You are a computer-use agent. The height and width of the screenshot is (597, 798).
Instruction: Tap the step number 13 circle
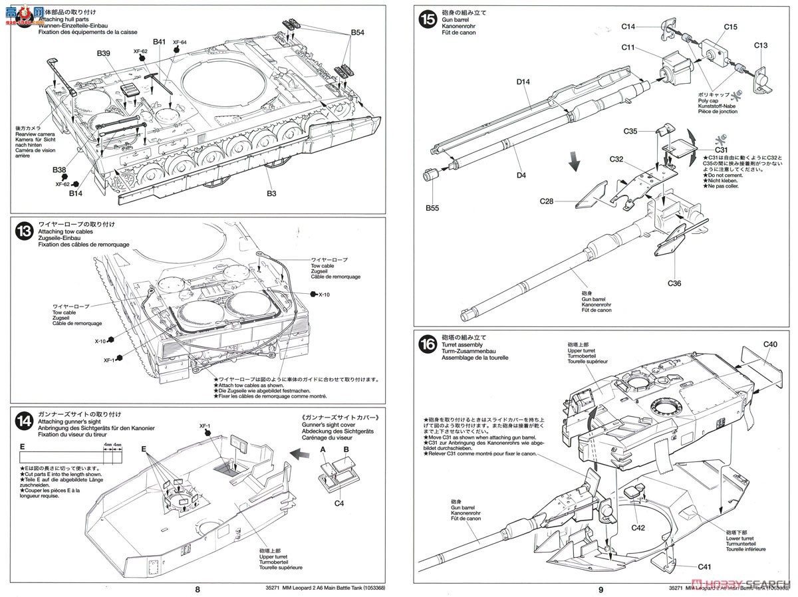(x=24, y=231)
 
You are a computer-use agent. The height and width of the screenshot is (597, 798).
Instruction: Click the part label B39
(x=104, y=53)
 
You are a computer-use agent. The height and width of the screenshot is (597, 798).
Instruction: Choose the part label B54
(x=358, y=32)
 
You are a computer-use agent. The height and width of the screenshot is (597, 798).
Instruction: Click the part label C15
(x=731, y=27)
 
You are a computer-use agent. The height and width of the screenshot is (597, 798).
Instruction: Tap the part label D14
(x=523, y=81)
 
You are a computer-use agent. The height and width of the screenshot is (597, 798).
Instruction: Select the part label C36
(x=676, y=283)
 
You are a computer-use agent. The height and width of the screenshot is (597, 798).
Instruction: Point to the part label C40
(x=770, y=344)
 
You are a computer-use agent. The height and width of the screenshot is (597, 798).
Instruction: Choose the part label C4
(x=339, y=503)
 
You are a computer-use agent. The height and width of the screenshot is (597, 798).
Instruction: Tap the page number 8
(x=197, y=588)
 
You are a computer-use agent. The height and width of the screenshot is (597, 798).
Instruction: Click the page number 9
(x=600, y=588)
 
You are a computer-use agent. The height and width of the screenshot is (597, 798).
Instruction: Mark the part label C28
(x=549, y=201)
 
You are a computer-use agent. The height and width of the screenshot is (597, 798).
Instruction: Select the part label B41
(x=159, y=41)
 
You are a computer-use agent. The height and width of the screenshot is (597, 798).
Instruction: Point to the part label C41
(x=706, y=567)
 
